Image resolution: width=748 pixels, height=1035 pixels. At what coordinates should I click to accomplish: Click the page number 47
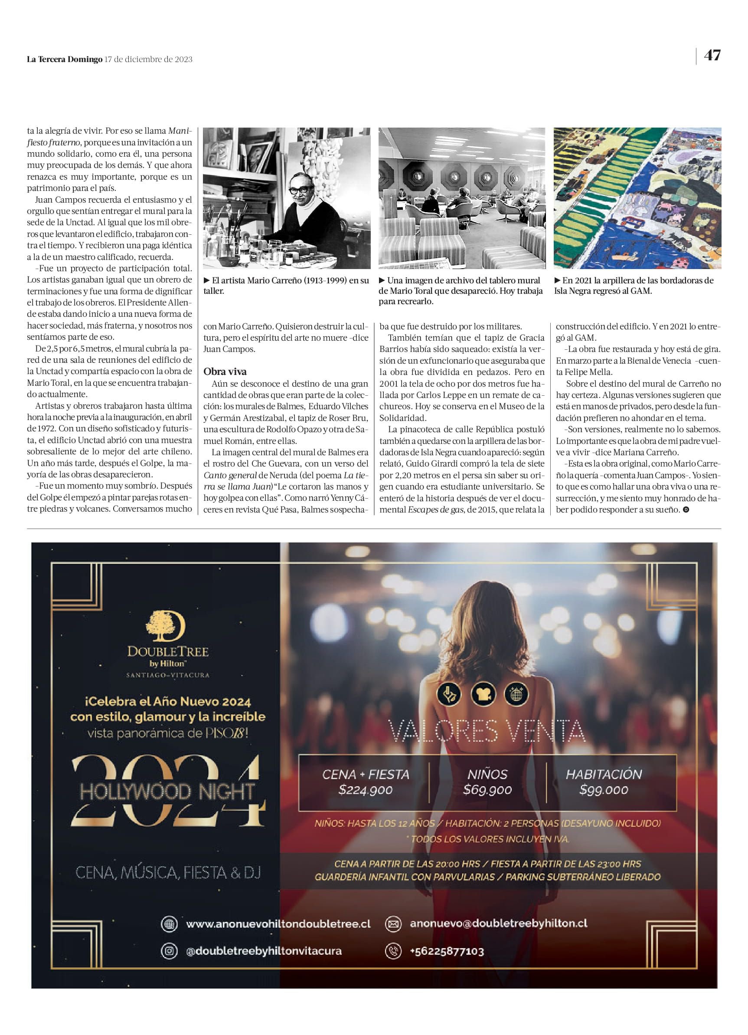[x=712, y=55]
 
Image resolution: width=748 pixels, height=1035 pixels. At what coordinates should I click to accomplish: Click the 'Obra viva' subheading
[x=225, y=371]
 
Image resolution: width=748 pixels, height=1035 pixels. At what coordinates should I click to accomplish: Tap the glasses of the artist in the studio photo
[x=301, y=189]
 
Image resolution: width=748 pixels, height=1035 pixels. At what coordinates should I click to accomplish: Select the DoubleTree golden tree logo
[x=165, y=626]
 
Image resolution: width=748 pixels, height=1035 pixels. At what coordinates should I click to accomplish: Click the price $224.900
[x=366, y=790]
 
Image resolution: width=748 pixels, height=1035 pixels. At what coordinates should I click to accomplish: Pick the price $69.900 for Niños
[x=487, y=789]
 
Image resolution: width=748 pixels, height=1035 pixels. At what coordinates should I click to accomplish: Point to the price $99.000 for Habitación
[x=604, y=789]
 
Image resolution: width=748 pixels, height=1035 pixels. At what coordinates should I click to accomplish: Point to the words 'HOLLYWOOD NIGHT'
[x=167, y=792]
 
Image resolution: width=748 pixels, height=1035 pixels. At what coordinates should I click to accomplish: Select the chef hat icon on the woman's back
[x=483, y=695]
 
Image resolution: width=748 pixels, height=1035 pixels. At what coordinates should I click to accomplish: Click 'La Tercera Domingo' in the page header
[x=64, y=59]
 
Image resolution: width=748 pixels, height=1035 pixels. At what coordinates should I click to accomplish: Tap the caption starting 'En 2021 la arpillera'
[x=634, y=286]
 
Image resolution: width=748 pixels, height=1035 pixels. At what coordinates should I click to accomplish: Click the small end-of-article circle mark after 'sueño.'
[x=686, y=510]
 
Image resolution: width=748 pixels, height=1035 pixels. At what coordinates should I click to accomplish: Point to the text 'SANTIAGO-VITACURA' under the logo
[x=167, y=675]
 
